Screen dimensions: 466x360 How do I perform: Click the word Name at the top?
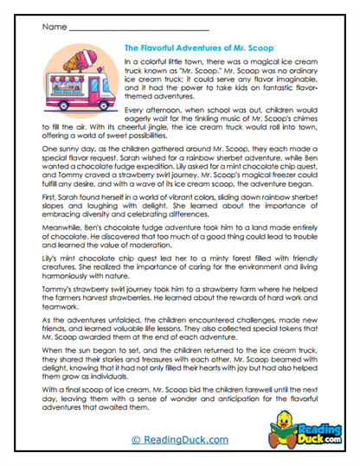[x=49, y=28]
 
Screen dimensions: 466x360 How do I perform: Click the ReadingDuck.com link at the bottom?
[x=179, y=440]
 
